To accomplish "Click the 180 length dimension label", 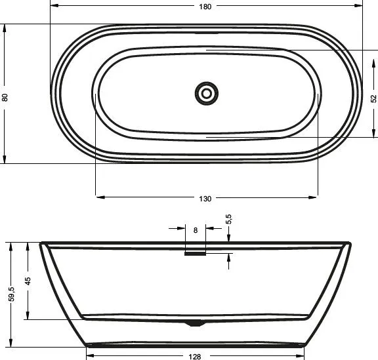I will click(x=205, y=7).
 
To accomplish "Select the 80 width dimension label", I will click(x=5, y=97).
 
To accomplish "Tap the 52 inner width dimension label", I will click(x=373, y=98).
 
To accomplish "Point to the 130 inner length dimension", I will click(x=205, y=199).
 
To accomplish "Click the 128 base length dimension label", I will click(x=195, y=356).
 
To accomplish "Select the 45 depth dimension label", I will click(x=28, y=281).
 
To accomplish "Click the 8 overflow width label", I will click(x=196, y=230).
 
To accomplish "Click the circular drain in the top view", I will click(x=206, y=93).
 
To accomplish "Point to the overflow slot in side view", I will click(x=196, y=254).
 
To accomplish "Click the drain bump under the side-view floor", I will click(x=196, y=323).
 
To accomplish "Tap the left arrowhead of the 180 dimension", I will click(x=53, y=6).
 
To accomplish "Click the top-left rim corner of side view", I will click(x=42, y=244).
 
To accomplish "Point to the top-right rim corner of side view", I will click(x=348, y=244).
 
